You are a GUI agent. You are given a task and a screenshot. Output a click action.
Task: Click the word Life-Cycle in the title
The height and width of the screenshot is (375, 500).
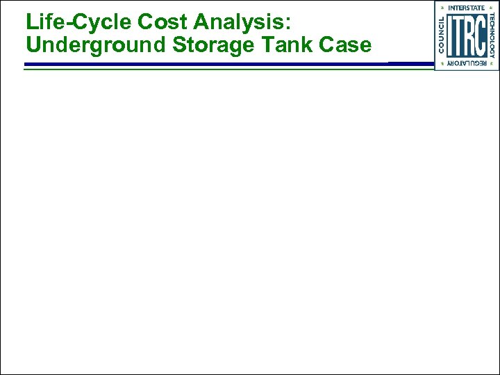coord(78,23)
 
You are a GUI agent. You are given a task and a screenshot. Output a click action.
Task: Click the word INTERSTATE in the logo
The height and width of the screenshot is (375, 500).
coord(467,7)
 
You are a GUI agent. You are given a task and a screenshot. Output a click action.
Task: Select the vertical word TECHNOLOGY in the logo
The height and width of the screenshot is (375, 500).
coord(492,35)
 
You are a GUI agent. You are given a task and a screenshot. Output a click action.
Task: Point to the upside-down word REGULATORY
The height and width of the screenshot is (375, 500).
coord(467,64)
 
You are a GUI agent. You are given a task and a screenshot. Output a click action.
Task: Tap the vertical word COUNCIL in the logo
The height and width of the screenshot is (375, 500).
coord(441,35)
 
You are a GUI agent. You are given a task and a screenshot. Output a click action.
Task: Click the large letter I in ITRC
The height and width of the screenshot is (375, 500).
coord(451,35)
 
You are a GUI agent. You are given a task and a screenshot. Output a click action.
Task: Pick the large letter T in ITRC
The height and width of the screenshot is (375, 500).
coord(459,35)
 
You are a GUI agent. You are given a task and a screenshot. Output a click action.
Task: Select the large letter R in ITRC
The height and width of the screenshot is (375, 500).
coord(470,35)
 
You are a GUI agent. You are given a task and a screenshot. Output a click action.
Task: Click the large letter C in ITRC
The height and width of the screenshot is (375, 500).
coord(481,35)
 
